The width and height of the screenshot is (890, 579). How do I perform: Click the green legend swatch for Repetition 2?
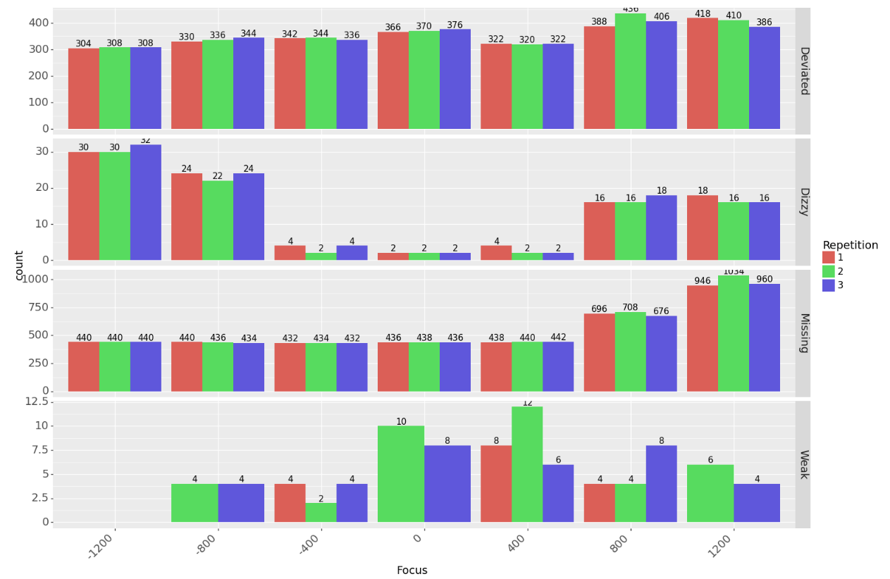(x=828, y=271)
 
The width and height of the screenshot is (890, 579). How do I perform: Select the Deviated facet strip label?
(x=803, y=70)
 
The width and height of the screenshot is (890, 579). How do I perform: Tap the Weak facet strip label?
(x=803, y=464)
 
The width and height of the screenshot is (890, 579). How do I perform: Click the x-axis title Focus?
(x=412, y=571)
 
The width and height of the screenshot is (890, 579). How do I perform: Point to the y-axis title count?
(x=19, y=266)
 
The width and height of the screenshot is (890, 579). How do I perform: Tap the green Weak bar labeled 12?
(x=527, y=464)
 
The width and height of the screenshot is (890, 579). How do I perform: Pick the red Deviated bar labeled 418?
(x=703, y=74)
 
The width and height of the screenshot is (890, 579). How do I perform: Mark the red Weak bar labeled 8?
(x=496, y=484)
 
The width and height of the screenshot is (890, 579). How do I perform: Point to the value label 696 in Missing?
(x=599, y=309)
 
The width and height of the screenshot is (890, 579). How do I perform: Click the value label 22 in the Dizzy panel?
(x=217, y=176)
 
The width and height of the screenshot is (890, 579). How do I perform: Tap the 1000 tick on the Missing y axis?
(x=35, y=279)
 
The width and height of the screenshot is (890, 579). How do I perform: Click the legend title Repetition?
(x=850, y=245)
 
